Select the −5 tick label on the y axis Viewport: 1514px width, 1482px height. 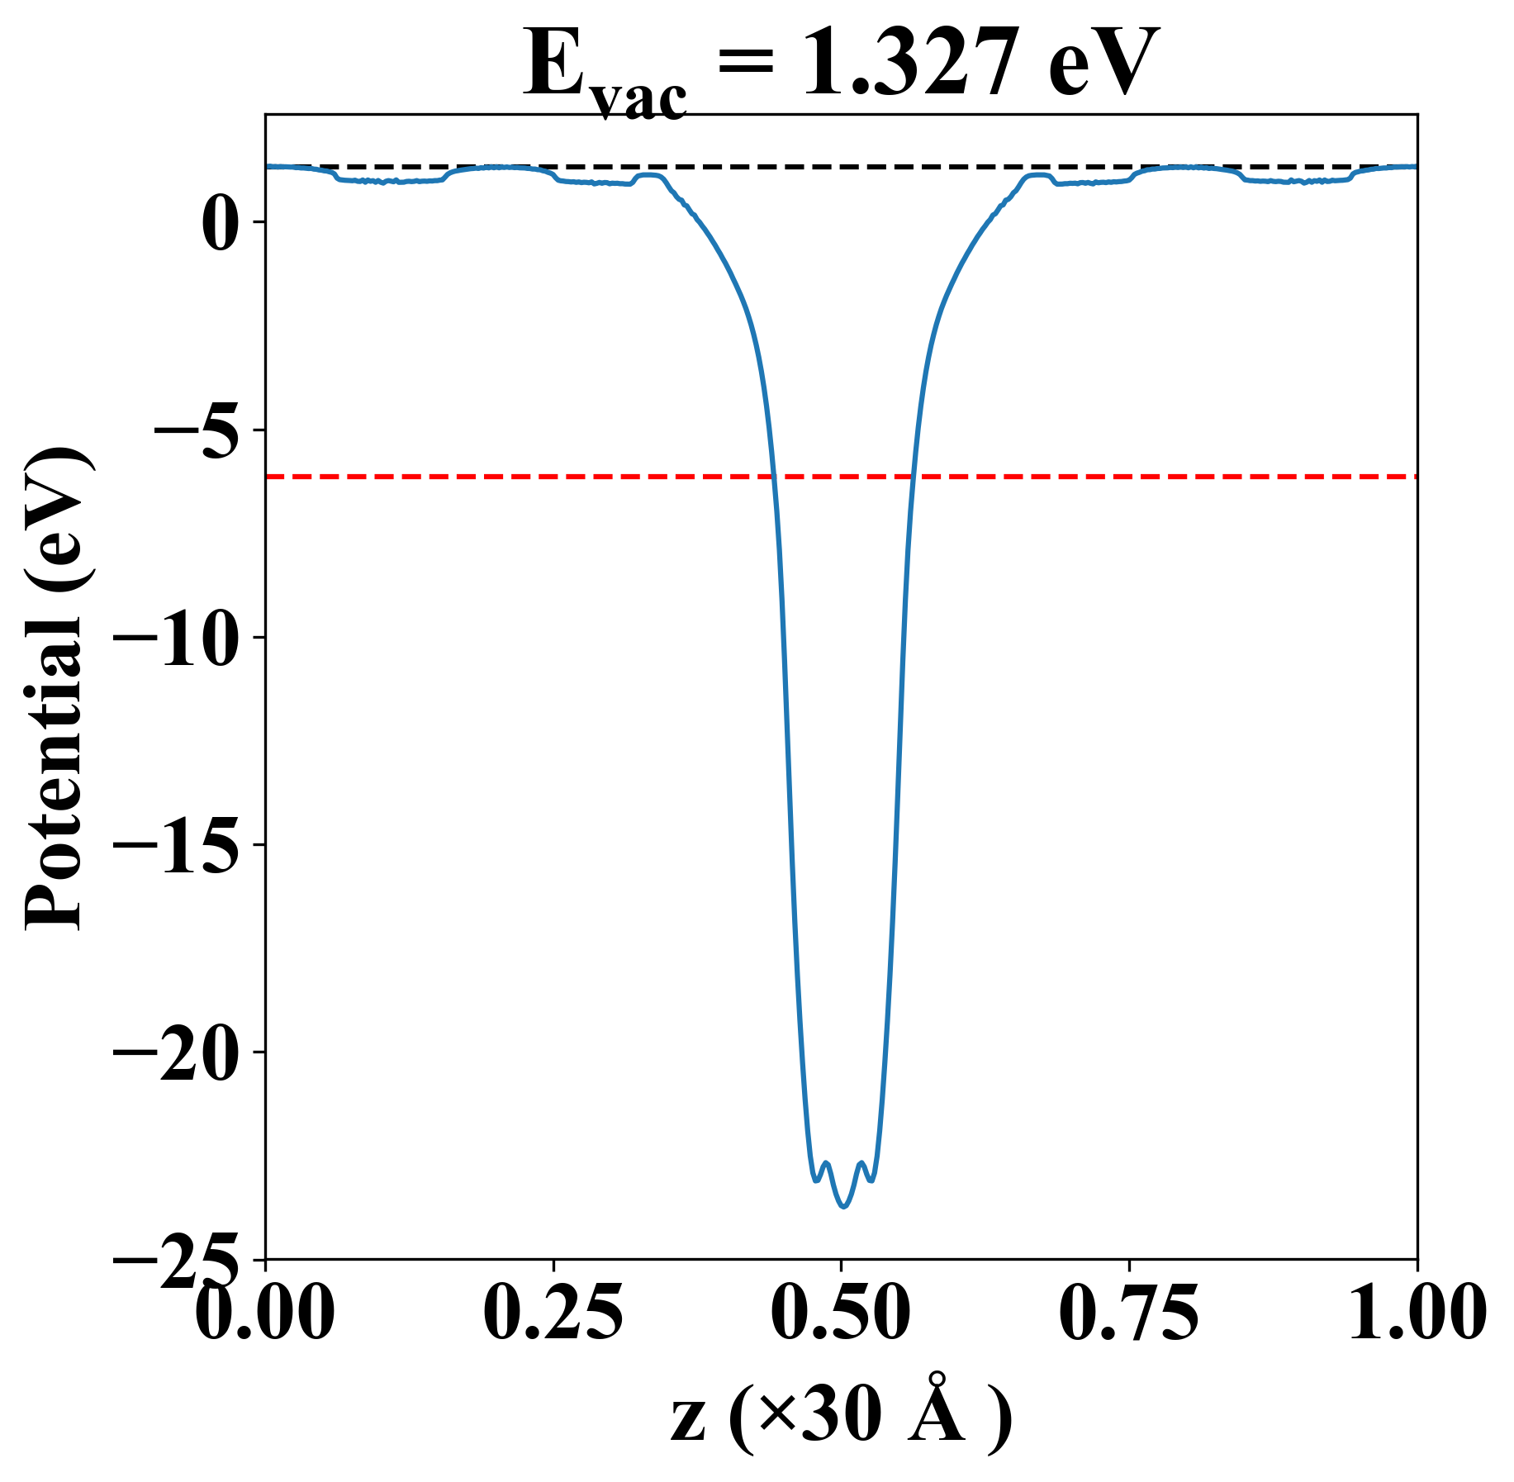pos(192,430)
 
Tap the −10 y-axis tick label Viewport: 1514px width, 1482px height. pos(177,638)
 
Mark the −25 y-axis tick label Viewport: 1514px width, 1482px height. pos(177,1259)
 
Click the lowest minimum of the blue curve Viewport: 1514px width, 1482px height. pos(843,1206)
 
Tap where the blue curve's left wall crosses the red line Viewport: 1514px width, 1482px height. pos(774,477)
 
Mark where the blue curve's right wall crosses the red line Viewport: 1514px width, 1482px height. pos(912,477)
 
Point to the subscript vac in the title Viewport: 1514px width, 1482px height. pos(641,99)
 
